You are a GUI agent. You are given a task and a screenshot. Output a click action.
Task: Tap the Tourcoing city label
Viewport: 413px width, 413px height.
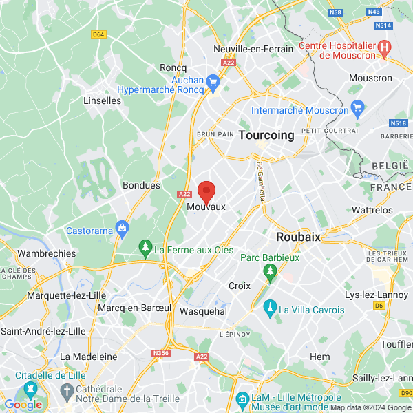pos(266,136)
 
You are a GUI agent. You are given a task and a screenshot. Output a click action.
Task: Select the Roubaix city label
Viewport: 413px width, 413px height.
pos(298,236)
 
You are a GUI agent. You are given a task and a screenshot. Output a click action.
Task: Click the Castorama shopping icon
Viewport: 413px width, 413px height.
pos(123,227)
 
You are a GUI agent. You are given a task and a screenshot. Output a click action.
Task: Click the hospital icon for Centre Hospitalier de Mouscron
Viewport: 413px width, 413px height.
pos(385,49)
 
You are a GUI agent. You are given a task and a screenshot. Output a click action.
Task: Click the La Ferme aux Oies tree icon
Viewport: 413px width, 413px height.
pos(145,246)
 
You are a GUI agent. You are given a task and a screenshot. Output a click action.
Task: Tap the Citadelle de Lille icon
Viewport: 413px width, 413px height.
pos(30,390)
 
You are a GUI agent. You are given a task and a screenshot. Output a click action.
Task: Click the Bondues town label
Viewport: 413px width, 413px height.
pos(141,185)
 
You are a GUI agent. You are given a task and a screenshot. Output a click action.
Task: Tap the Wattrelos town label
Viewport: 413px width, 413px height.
pos(372,210)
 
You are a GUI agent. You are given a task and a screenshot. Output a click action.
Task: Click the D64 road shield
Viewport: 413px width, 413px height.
pos(98,34)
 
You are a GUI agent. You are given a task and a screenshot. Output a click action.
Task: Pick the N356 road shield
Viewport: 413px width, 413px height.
pos(160,354)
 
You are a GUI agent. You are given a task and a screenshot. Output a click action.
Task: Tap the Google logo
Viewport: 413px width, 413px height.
pos(23,405)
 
